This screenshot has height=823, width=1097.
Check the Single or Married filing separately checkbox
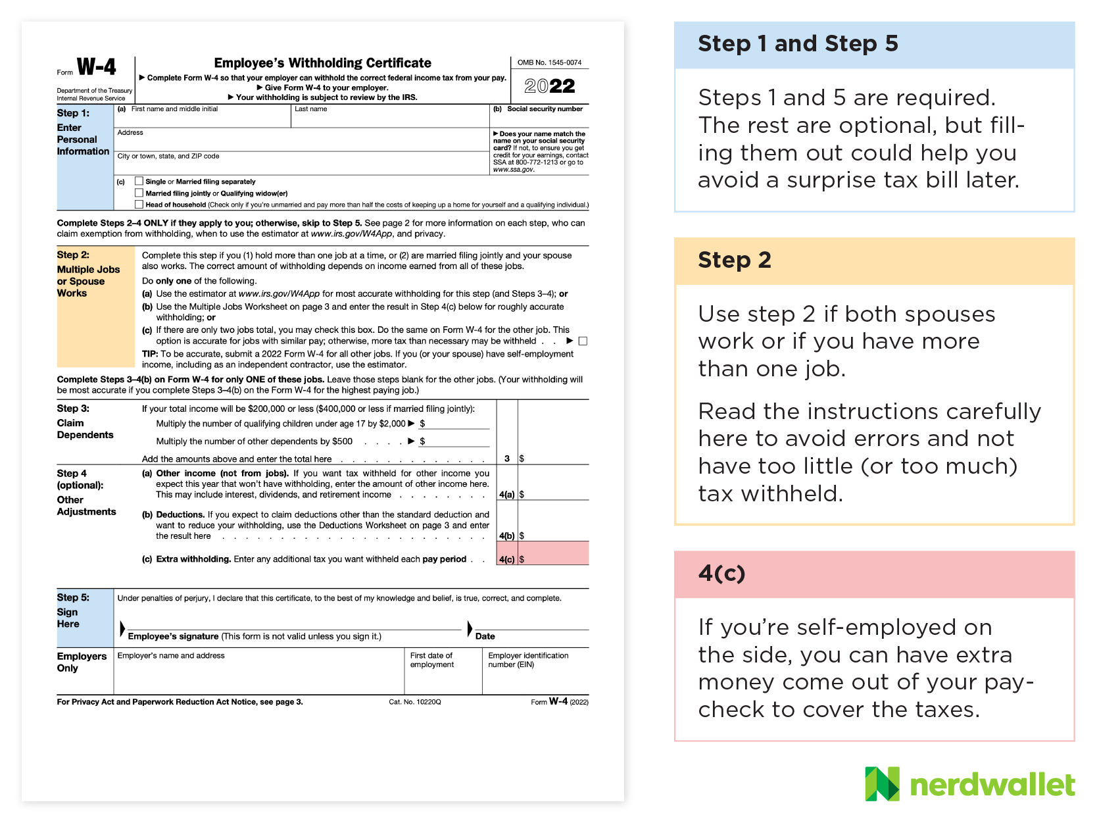click(139, 181)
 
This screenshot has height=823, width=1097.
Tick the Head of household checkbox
click(139, 205)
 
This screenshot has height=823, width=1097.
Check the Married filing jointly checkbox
click(139, 193)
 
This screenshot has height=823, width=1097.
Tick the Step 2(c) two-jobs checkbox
click(583, 341)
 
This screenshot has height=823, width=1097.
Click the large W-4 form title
click(96, 67)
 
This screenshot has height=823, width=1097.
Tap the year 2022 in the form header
click(550, 86)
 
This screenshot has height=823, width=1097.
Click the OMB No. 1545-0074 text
click(549, 62)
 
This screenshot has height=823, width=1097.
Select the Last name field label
click(310, 109)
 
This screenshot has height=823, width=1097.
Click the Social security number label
click(545, 109)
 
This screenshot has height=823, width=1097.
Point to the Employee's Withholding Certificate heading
click(322, 63)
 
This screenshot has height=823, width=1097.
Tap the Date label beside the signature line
click(485, 636)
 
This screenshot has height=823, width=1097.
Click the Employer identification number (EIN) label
click(528, 660)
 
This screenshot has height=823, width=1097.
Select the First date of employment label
click(431, 660)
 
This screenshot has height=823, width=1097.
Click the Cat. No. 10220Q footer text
click(415, 702)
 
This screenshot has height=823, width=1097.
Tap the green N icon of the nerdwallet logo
click(882, 784)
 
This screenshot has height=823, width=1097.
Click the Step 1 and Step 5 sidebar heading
click(798, 43)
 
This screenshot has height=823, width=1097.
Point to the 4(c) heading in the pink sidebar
click(721, 573)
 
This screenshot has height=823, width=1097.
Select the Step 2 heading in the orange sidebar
click(734, 260)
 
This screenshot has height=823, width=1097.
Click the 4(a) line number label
click(506, 494)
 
